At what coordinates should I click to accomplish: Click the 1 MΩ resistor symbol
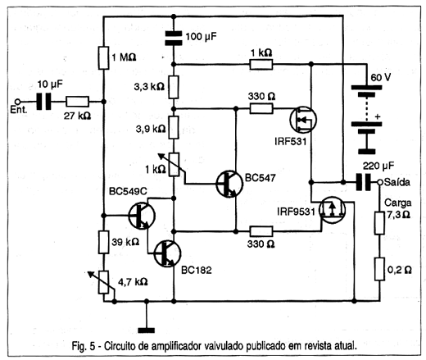coord(104,57)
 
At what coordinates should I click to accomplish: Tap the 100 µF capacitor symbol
coord(174,38)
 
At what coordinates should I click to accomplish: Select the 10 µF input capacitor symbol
coord(43,102)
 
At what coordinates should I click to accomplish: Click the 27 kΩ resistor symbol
coord(78,102)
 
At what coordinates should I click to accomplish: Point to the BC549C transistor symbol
coord(142,216)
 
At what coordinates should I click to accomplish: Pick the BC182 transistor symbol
coord(167,253)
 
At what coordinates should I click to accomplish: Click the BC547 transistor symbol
coord(229,184)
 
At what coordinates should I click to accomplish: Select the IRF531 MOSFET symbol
coord(303,120)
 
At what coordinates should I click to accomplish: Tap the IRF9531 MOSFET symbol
coord(332,210)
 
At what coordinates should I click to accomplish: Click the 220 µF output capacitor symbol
coord(364,182)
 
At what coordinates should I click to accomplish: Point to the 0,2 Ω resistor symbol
coord(379,269)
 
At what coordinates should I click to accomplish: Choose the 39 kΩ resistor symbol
coord(104,242)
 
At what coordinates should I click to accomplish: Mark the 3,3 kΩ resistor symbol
coord(174,87)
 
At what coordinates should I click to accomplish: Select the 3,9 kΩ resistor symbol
coord(174,127)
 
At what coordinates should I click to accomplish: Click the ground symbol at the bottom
coord(147,330)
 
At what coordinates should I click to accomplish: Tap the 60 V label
coord(381,78)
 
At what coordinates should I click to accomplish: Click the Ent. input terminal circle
coord(17,102)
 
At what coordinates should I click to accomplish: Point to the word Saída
coord(397,182)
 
